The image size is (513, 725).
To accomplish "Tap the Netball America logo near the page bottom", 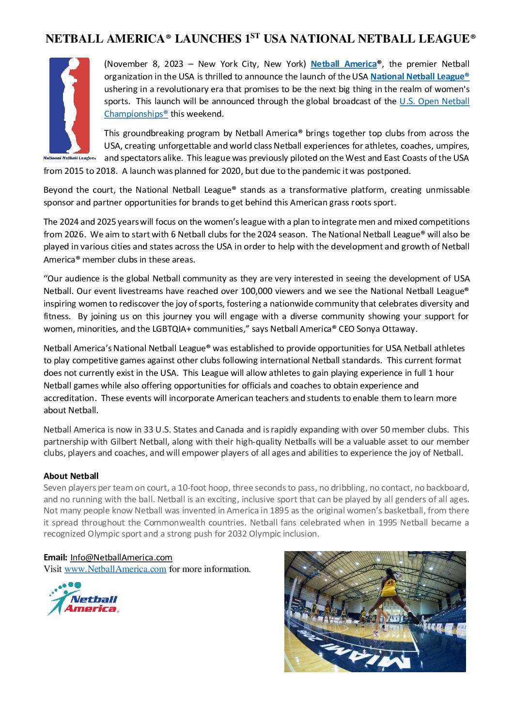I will click(83, 599).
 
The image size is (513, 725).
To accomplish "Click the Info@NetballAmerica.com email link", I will click(121, 557).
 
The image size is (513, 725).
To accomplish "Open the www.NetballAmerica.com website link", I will click(115, 569).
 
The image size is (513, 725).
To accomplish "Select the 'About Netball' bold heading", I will click(71, 476).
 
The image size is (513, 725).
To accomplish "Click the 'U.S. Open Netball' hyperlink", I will click(434, 101).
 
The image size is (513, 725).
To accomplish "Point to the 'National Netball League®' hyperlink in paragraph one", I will click(420, 77).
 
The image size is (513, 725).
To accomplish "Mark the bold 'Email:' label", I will click(55, 557).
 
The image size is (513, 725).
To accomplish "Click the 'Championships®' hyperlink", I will click(136, 114).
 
